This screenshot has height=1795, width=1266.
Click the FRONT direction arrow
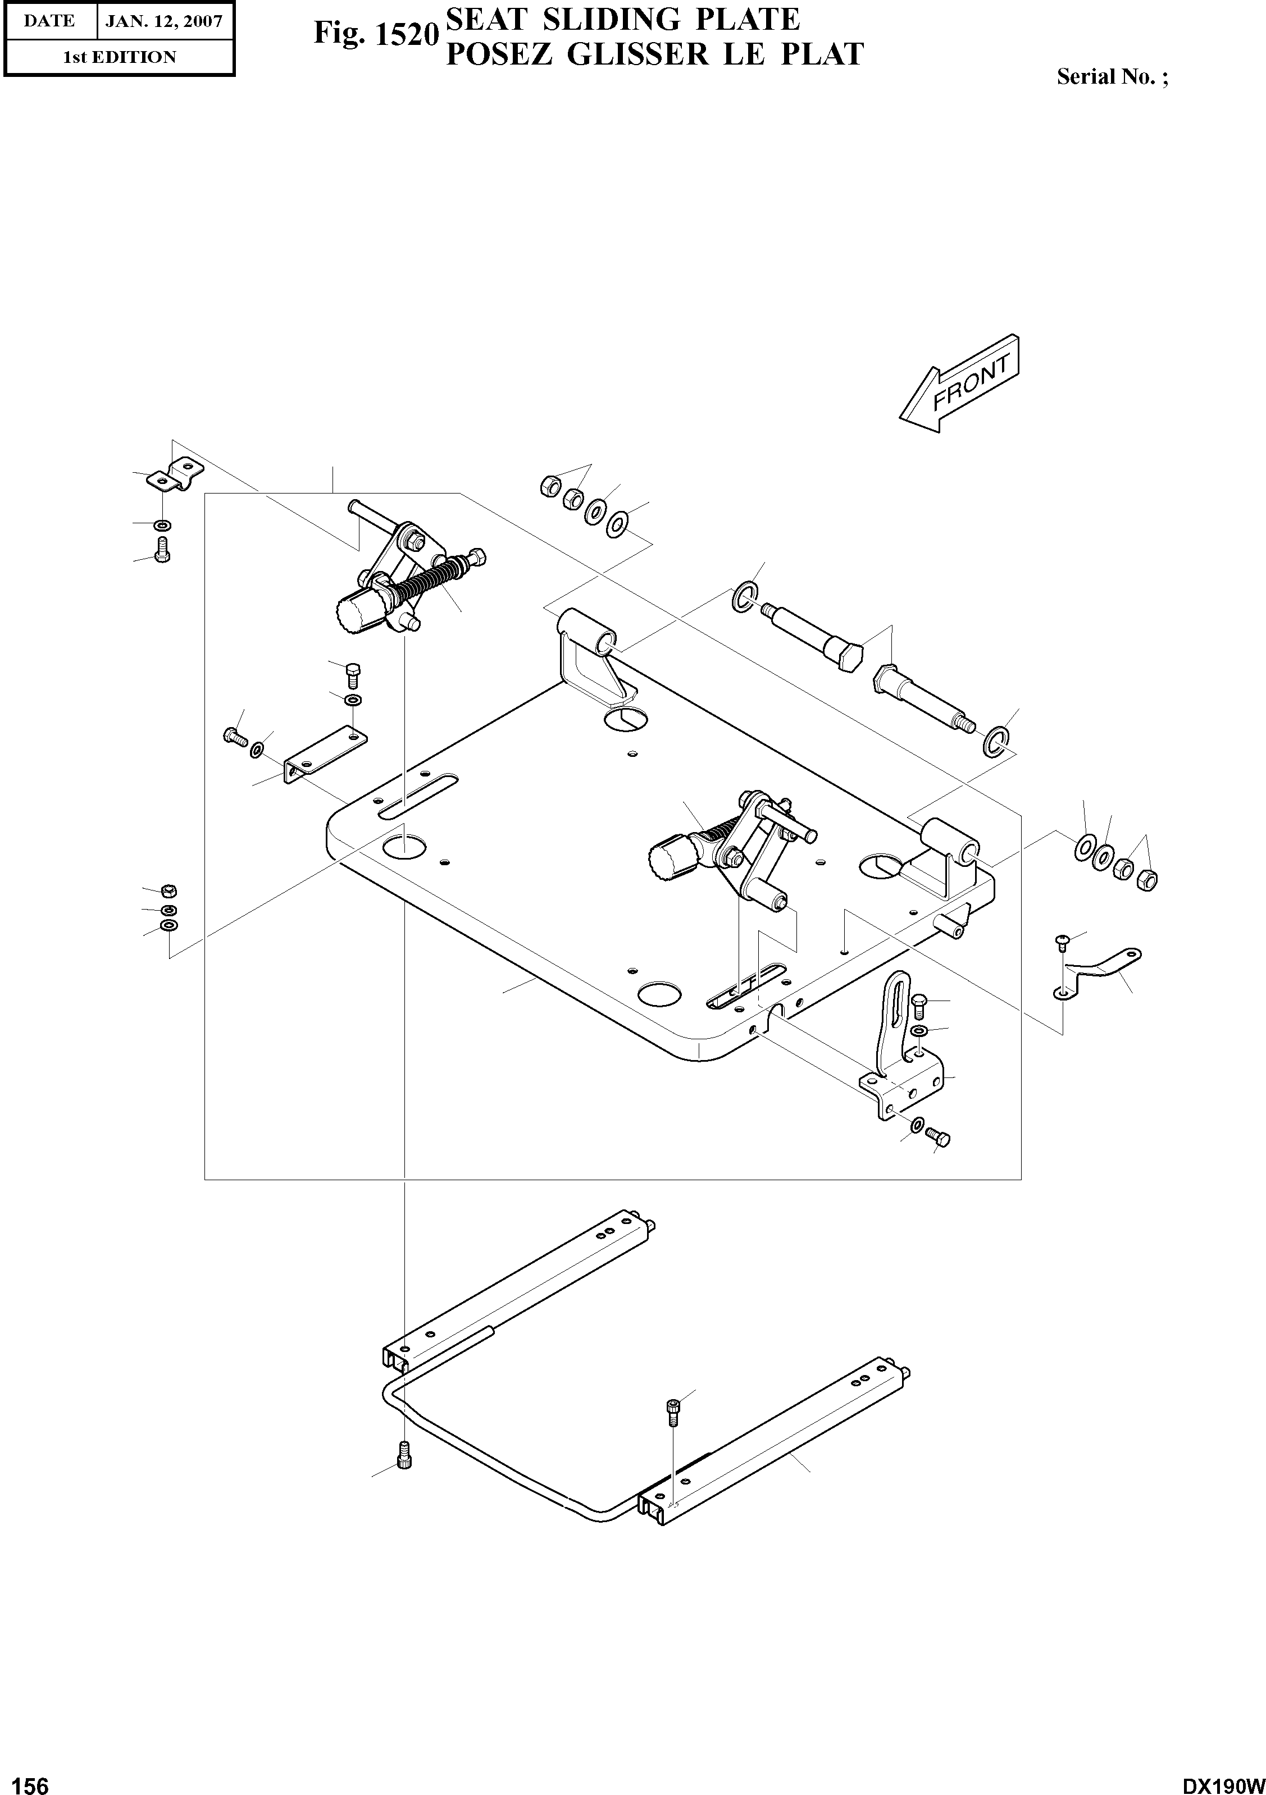[960, 385]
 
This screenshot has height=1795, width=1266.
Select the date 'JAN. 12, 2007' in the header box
[164, 21]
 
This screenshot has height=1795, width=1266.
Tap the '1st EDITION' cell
[119, 57]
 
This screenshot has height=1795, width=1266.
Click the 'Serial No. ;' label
[1112, 77]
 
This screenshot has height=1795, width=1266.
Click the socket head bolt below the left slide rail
[404, 1456]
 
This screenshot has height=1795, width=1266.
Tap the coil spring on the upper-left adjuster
[426, 583]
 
